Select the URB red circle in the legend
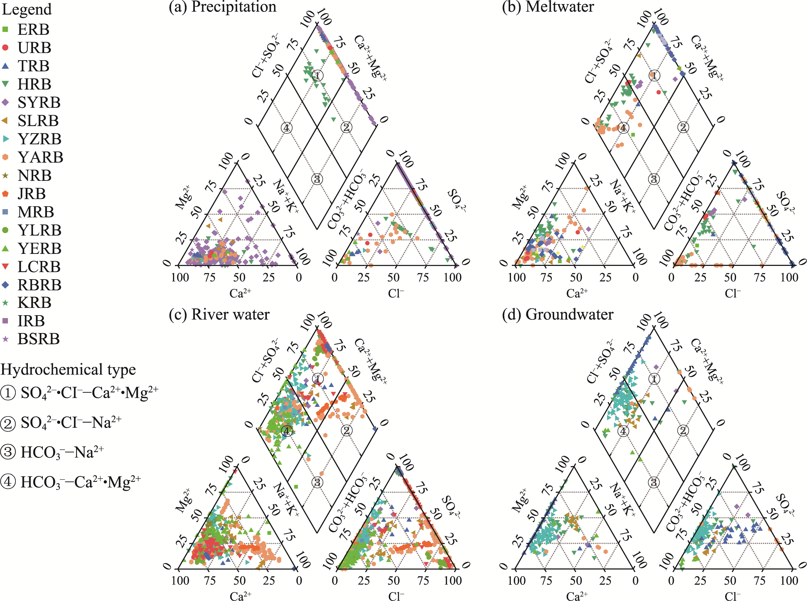coord(5,48)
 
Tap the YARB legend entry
coord(40,157)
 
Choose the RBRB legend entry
coord(39,285)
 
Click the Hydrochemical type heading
coord(68,370)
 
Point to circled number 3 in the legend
coord(8,452)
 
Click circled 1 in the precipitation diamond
coord(317,76)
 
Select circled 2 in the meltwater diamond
coord(683,127)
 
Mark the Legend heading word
coord(27,9)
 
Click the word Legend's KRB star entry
coord(5,303)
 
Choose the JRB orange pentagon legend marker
coord(5,193)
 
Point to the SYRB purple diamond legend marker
coord(5,102)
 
